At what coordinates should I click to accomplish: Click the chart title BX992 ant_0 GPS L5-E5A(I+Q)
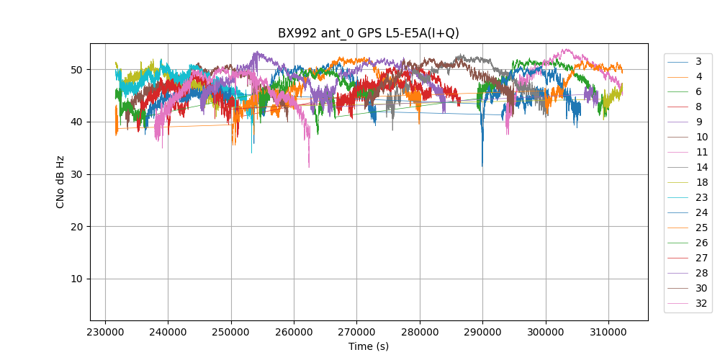pyautogui.click(x=368, y=33)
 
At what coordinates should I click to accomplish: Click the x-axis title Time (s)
pyautogui.click(x=368, y=346)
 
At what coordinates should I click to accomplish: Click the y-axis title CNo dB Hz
pyautogui.click(x=60, y=181)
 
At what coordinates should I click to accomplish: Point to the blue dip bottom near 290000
pyautogui.click(x=482, y=166)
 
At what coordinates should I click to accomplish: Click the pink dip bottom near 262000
pyautogui.click(x=309, y=167)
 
